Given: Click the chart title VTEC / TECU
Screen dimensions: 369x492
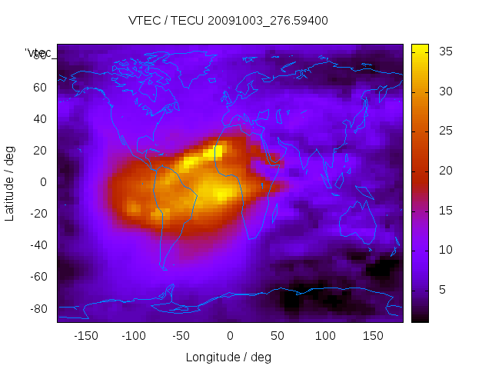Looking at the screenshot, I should click(228, 21).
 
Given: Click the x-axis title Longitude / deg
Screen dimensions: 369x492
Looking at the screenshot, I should click(228, 357).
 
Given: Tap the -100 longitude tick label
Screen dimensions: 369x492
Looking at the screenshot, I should click(133, 336).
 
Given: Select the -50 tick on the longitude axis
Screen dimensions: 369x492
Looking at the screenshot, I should click(181, 336).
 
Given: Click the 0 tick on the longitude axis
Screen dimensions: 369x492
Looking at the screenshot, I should click(229, 336).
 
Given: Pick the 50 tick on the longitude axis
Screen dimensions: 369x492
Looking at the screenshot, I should click(278, 336).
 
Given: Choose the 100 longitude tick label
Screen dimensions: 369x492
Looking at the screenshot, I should click(325, 336).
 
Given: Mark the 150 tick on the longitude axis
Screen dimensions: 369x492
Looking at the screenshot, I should click(374, 336).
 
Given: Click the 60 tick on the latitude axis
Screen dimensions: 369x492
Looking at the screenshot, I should click(39, 87).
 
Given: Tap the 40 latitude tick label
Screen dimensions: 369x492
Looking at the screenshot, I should click(39, 118).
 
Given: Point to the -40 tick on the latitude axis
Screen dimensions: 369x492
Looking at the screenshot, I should click(37, 245).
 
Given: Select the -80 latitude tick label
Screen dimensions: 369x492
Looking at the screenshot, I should click(37, 308).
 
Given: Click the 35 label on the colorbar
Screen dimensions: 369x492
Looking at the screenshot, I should click(444, 52).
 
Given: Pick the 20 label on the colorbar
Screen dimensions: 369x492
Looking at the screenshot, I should click(444, 171).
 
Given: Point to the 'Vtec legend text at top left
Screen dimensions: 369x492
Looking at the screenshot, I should click(38, 53).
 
